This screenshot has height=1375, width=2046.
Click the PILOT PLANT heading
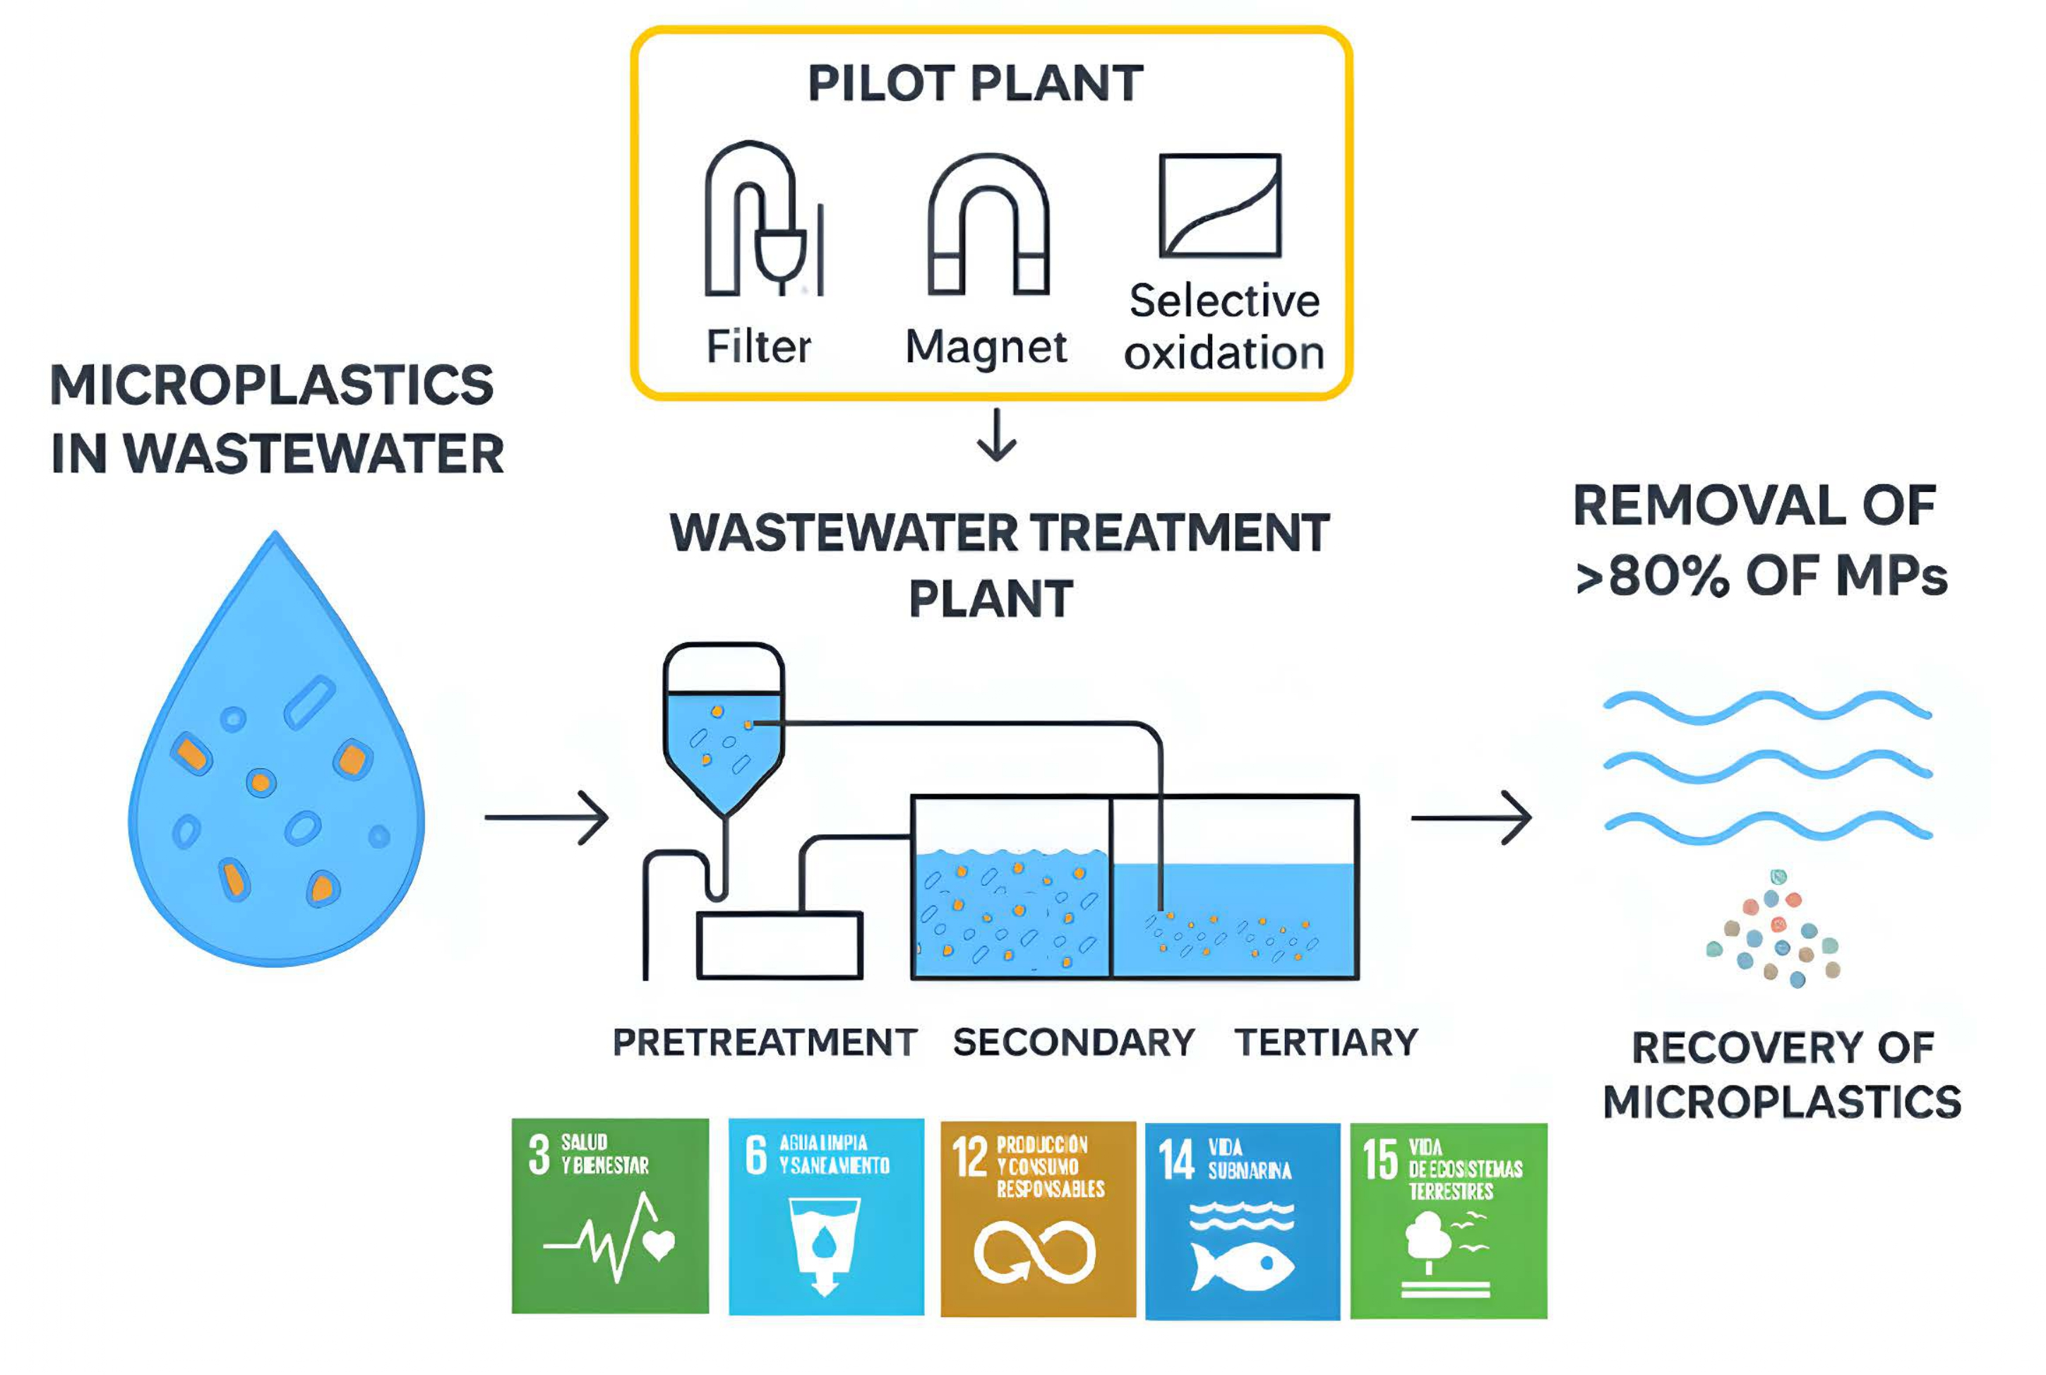(x=974, y=84)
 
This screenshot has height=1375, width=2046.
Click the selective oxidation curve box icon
(x=1220, y=205)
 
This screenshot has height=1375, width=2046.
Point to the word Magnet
(x=986, y=347)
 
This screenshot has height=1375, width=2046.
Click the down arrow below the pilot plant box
(x=996, y=436)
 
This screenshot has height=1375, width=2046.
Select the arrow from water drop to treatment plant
(x=547, y=817)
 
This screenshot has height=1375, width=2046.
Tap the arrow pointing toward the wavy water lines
(x=1471, y=817)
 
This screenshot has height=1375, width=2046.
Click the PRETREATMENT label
(x=764, y=1043)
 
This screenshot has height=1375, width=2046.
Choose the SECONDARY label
(x=1073, y=1043)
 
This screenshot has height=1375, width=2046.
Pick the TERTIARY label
(x=1326, y=1043)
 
